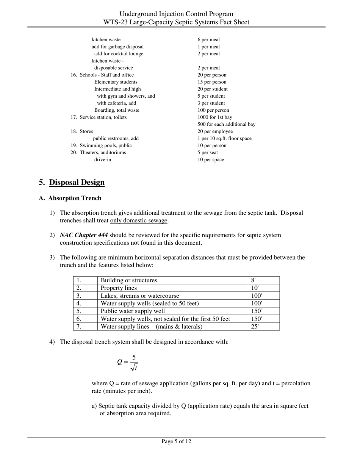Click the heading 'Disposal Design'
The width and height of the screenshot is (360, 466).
[77, 183]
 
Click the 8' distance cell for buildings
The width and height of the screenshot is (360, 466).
[253, 280]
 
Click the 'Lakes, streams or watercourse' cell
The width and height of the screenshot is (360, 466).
[140, 296]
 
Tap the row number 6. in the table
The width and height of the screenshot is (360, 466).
[79, 319]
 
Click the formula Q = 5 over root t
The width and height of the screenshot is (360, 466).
[128, 363]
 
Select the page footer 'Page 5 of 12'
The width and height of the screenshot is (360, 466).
[176, 441]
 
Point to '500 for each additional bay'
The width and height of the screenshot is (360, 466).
[226, 124]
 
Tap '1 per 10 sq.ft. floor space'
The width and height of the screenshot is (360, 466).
[224, 139]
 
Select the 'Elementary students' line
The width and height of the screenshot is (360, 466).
[116, 82]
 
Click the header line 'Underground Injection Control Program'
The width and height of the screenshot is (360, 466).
[176, 14]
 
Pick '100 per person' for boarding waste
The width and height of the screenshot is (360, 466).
[213, 110]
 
